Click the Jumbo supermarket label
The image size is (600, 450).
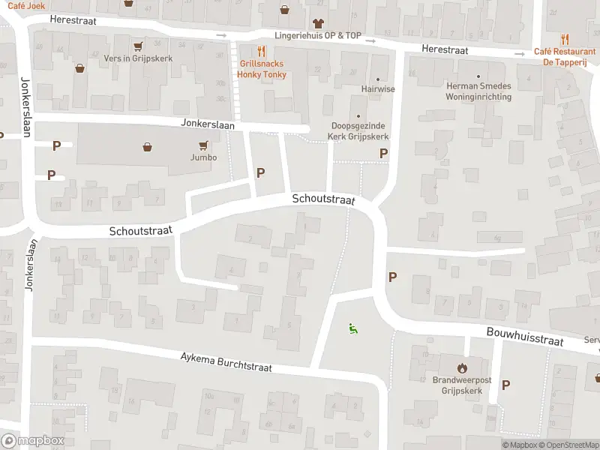tap(203, 157)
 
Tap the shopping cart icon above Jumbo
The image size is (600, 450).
tap(203, 145)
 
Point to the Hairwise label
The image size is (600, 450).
tap(377, 88)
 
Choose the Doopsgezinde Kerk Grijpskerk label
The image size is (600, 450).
tap(358, 132)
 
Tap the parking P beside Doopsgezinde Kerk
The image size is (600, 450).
tap(384, 153)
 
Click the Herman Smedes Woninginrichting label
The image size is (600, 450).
tap(478, 91)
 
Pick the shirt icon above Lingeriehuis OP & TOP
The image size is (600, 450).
tap(317, 23)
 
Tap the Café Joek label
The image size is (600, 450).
tap(22, 4)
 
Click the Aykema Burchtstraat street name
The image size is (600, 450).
tap(226, 363)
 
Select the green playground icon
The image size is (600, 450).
tap(352, 328)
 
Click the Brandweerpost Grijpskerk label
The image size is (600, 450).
tap(461, 385)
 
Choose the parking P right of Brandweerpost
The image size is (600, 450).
tap(506, 385)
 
